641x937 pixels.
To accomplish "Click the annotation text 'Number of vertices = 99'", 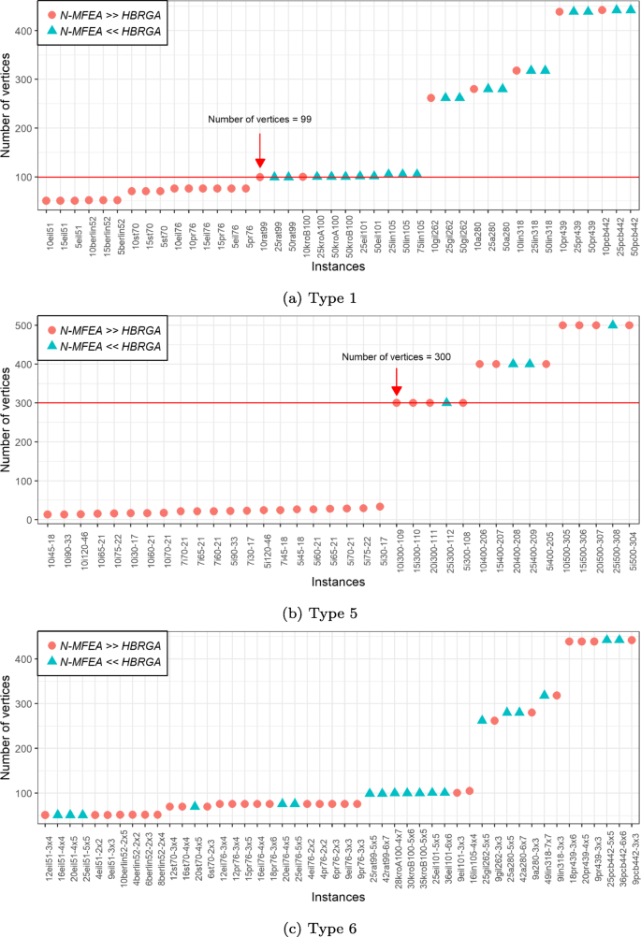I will [x=259, y=120].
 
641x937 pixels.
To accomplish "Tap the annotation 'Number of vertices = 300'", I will [x=396, y=356].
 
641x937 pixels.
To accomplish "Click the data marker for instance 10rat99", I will [x=260, y=177].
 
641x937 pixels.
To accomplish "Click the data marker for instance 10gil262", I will [x=431, y=98].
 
